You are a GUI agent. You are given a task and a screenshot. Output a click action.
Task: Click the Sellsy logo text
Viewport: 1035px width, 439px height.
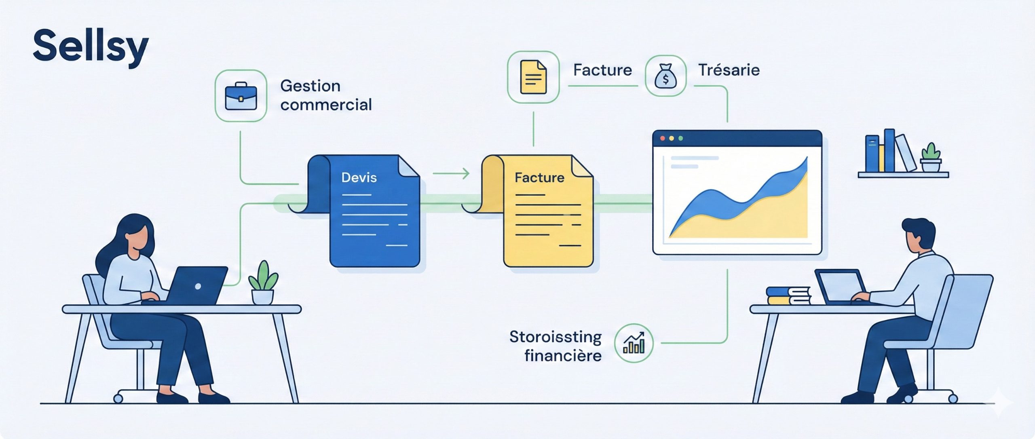tap(91, 47)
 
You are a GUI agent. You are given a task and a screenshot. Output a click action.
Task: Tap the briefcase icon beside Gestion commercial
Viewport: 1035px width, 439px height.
tap(241, 96)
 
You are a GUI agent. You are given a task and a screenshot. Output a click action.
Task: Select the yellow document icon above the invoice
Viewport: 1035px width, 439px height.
tap(533, 77)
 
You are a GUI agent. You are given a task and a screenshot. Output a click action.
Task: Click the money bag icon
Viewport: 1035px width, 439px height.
tap(665, 76)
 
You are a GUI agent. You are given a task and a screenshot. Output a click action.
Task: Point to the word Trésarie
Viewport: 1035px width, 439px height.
tap(729, 70)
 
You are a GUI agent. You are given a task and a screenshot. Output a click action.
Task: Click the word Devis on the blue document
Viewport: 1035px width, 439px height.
tap(359, 177)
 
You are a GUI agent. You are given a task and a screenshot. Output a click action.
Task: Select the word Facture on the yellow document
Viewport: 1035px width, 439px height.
tap(539, 177)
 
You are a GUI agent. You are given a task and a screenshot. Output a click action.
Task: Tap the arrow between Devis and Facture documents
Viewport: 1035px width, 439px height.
tap(451, 174)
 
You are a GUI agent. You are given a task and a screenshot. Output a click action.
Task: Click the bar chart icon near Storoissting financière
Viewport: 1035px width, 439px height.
tap(634, 343)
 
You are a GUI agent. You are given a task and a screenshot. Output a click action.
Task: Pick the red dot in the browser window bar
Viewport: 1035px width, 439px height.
tap(663, 138)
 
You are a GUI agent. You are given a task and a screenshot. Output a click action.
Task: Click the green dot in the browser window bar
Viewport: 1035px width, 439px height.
tap(680, 138)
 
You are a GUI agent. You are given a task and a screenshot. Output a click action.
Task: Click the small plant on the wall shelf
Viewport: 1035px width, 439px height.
tap(931, 158)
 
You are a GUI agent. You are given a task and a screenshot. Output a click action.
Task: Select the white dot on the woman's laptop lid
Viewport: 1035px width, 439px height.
tap(198, 286)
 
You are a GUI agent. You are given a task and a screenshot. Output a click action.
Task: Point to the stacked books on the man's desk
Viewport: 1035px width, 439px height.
tap(788, 296)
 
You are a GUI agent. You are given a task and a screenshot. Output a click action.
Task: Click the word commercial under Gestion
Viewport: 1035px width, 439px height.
tap(326, 105)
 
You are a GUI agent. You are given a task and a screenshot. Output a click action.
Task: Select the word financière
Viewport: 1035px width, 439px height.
tap(563, 356)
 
